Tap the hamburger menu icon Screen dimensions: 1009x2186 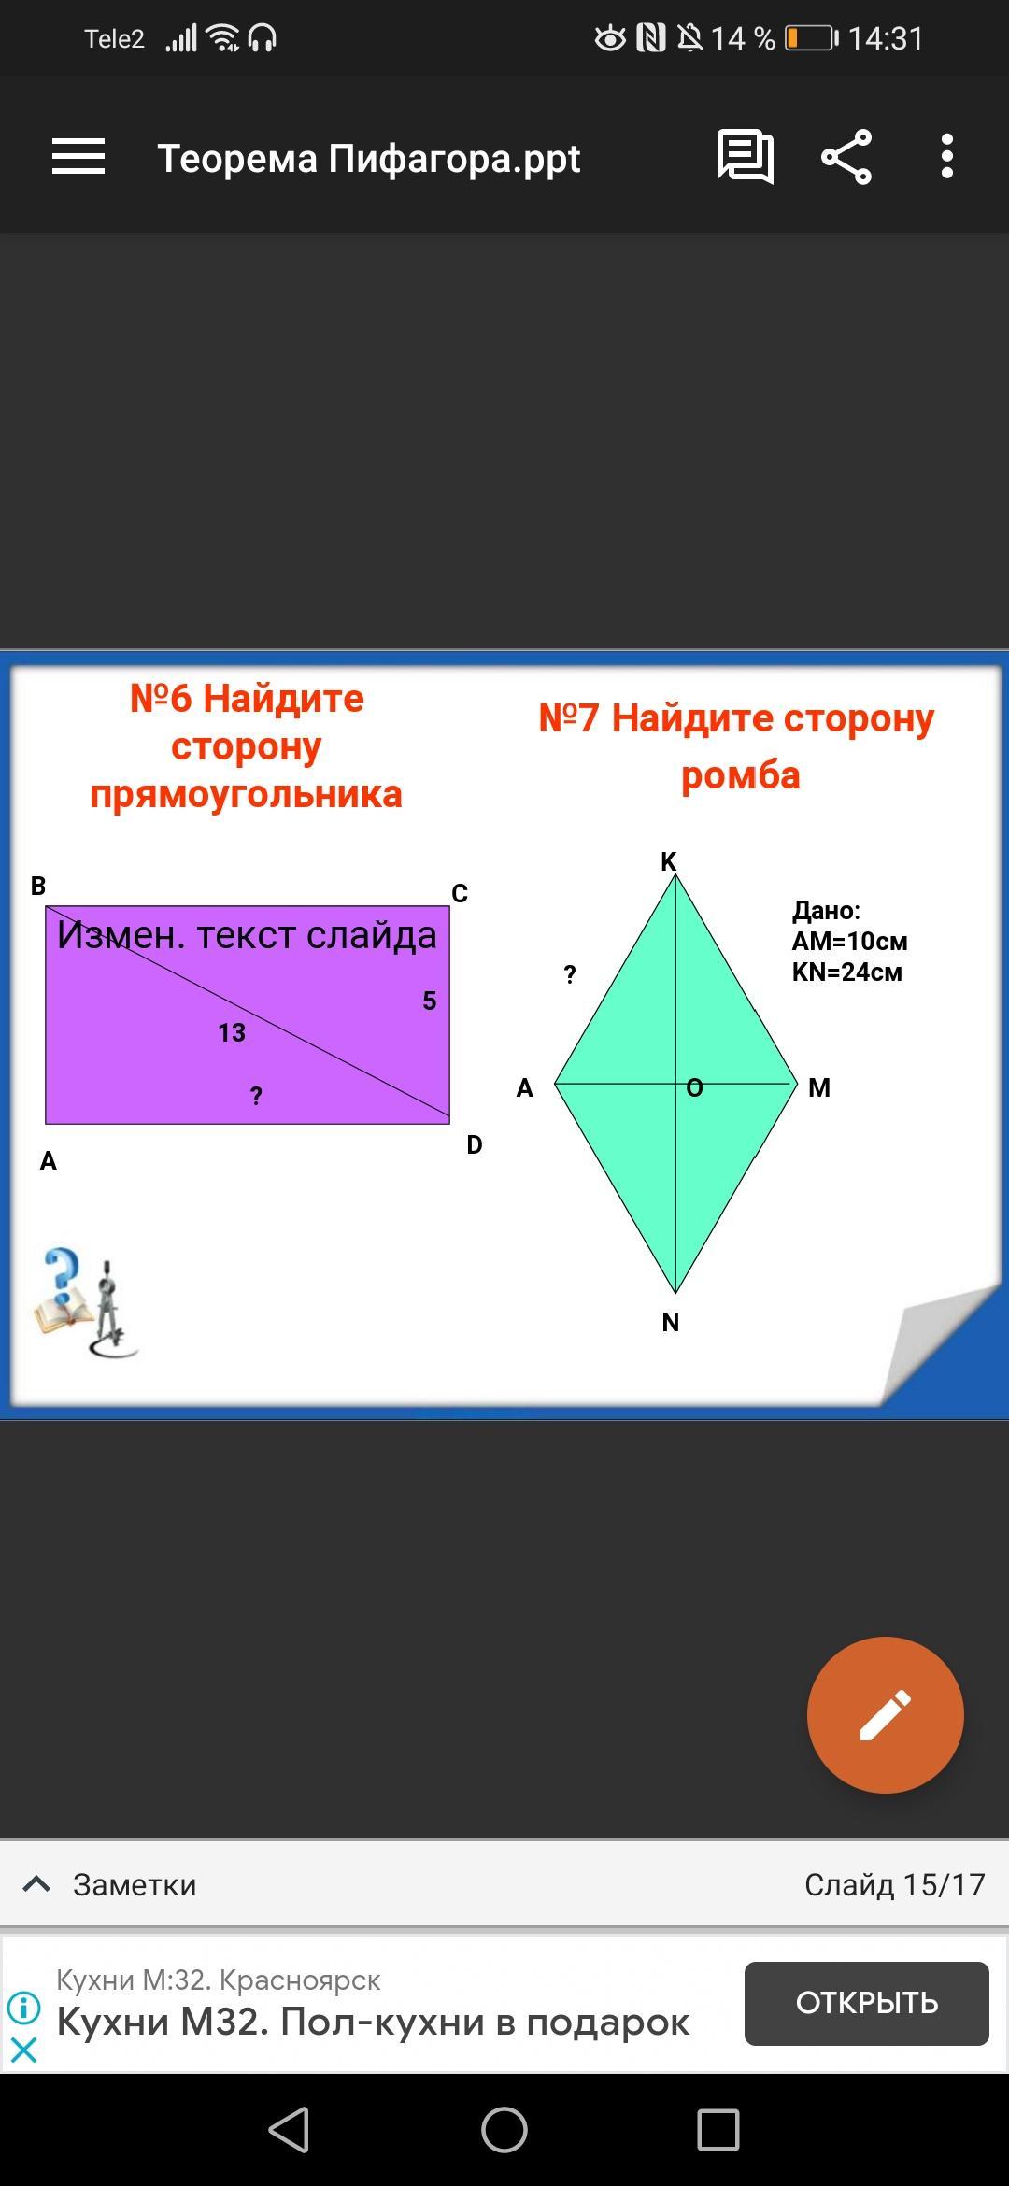(x=78, y=156)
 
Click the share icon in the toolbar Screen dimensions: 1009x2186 (x=846, y=157)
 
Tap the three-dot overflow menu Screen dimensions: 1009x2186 (x=947, y=156)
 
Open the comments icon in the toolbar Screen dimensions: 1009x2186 (x=745, y=156)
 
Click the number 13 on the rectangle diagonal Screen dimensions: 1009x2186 (x=232, y=1032)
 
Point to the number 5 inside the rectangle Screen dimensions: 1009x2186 (x=430, y=1001)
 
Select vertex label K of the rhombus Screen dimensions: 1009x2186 (x=669, y=861)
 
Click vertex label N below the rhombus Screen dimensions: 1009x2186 (x=671, y=1322)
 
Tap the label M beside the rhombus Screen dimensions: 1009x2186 (x=819, y=1087)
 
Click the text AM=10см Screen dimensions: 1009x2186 (x=849, y=941)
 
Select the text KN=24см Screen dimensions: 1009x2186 (x=846, y=972)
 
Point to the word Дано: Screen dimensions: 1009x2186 (x=826, y=911)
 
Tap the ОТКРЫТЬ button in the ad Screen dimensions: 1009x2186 (x=867, y=2003)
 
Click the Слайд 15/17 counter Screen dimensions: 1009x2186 (x=895, y=1885)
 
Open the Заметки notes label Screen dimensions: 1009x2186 (x=135, y=1885)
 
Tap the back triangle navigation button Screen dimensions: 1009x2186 (x=289, y=2130)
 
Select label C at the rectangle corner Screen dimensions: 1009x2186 (x=460, y=894)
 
